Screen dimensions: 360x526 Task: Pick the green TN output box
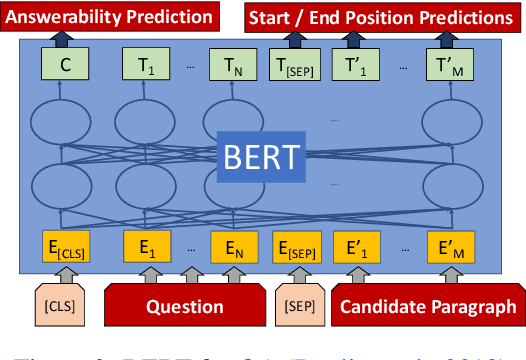coord(229,68)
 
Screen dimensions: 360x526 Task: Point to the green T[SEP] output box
coord(293,68)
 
